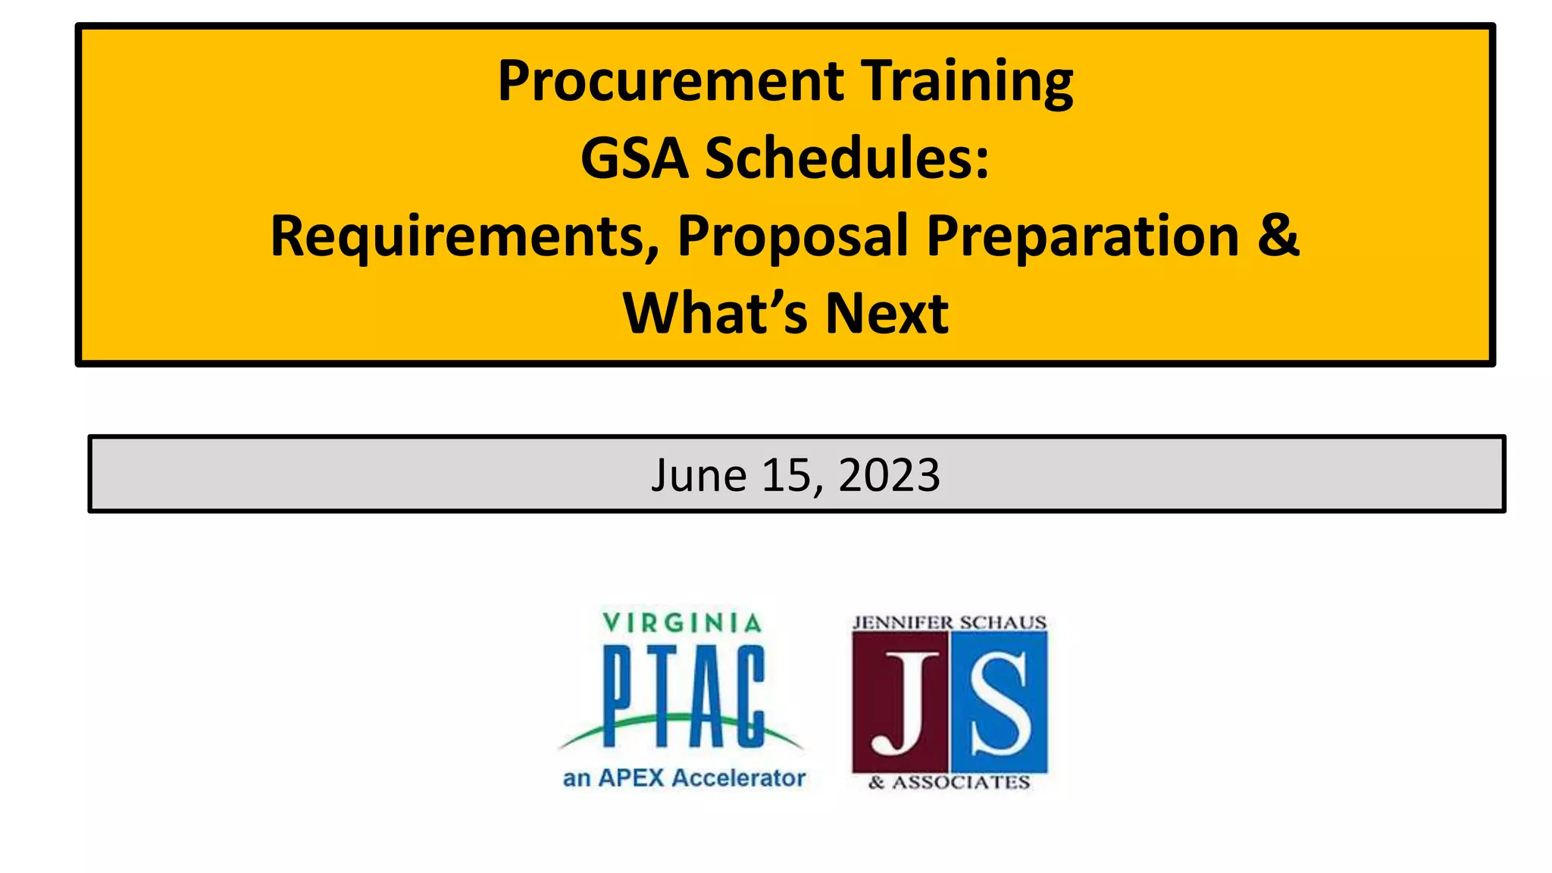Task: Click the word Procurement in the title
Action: tap(670, 82)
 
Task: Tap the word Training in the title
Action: tap(967, 82)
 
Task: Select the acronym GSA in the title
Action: tap(634, 159)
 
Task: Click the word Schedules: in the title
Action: tap(847, 159)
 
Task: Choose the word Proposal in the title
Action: tap(793, 236)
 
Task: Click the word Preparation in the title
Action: tap(1083, 236)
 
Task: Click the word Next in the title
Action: tap(887, 314)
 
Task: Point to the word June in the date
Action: tap(699, 476)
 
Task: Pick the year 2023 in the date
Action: tap(889, 476)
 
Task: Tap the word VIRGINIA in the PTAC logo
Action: tap(682, 623)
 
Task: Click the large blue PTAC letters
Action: tap(684, 696)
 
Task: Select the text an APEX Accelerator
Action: tap(684, 778)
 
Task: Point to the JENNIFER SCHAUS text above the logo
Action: tap(949, 623)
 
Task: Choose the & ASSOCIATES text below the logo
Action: tap(949, 783)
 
